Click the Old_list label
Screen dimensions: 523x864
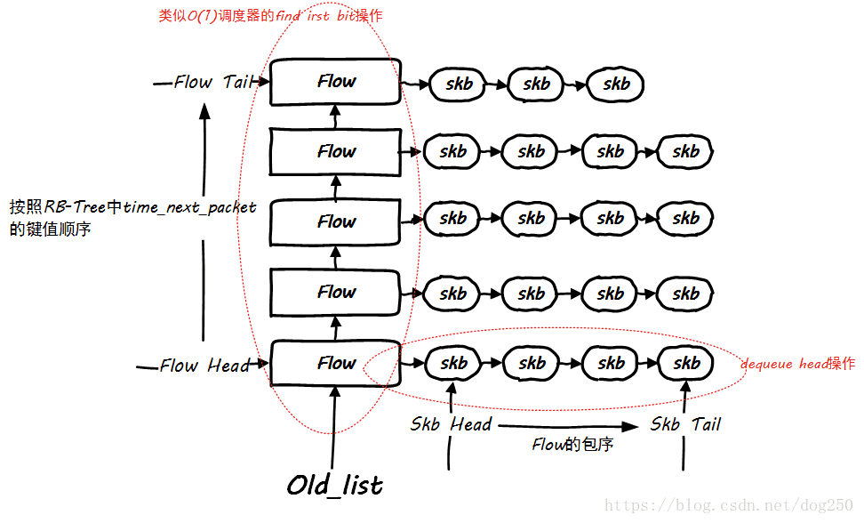pos(335,485)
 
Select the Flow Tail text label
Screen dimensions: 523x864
pos(212,82)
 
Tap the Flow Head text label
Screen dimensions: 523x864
pos(204,366)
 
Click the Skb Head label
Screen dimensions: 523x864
pos(451,424)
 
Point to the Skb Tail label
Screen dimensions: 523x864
pos(684,424)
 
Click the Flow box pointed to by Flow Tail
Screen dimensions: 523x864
pos(336,82)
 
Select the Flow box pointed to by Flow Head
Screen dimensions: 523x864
pos(336,363)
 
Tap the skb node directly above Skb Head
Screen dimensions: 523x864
pos(453,363)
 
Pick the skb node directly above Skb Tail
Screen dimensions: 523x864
pos(685,363)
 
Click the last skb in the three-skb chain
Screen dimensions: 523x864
pos(616,84)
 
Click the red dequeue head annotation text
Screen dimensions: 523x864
pos(797,364)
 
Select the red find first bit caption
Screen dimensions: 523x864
pos(271,16)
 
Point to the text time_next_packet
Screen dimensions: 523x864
pos(189,207)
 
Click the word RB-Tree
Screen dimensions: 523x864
pos(75,207)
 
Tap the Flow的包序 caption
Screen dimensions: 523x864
pos(572,445)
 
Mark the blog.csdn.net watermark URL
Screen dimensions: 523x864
pos(728,505)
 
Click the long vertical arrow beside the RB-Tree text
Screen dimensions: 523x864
pos(205,222)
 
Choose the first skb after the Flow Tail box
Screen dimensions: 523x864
pos(459,84)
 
